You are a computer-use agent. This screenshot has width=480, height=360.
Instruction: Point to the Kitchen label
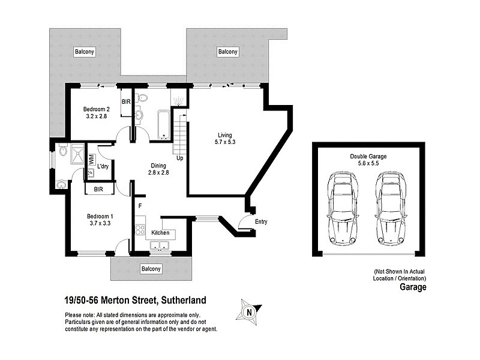coord(160,232)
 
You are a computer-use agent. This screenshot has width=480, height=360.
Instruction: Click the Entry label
coord(260,221)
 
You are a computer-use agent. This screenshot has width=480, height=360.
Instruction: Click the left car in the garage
coord(342,208)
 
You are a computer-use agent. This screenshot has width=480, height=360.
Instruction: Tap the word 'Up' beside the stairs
coord(179,158)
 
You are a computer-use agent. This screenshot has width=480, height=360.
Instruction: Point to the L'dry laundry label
coord(103,166)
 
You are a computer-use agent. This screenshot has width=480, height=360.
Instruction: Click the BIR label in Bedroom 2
coord(126,102)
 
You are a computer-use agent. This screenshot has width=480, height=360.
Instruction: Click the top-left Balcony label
coord(85,52)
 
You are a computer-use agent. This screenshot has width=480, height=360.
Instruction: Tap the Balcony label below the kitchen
coord(150,269)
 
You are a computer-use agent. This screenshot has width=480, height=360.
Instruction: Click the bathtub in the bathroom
coord(164,124)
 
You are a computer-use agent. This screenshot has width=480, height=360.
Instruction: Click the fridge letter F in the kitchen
coord(140,206)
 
